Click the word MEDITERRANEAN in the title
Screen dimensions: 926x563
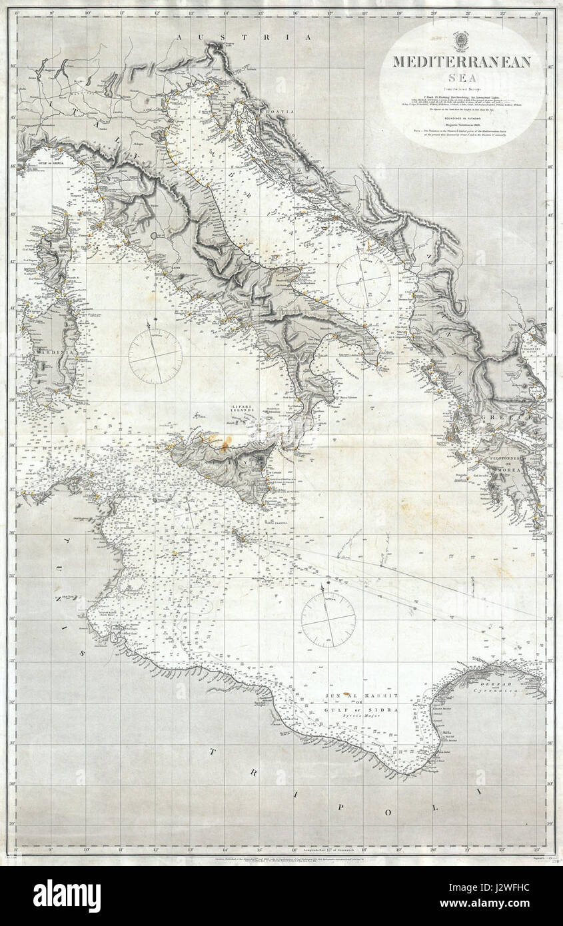(461, 62)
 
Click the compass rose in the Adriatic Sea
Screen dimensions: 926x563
(363, 277)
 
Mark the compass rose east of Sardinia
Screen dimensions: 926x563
(155, 353)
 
